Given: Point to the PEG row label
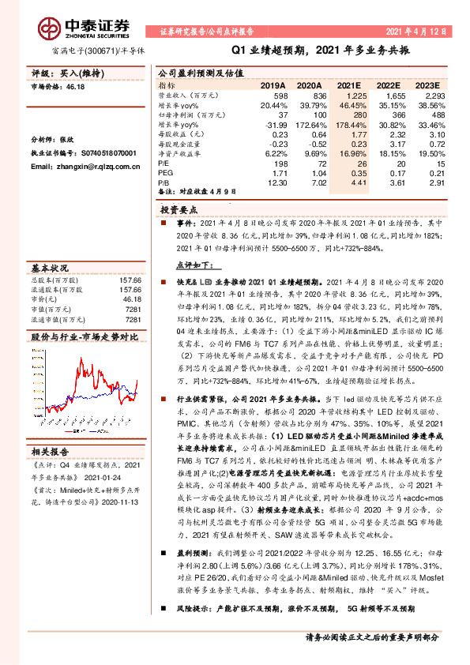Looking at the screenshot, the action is click(x=164, y=171).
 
